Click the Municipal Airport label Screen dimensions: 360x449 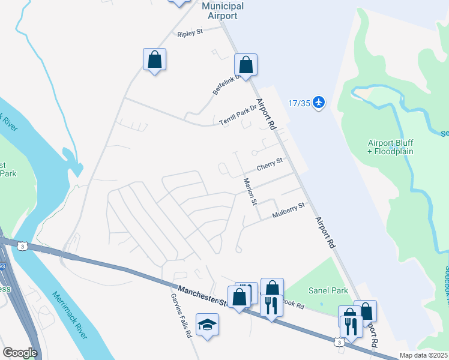point(223,11)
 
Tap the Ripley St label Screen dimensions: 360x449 point(190,34)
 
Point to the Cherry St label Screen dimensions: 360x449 point(270,164)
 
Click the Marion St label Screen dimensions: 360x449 point(250,190)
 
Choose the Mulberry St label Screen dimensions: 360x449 point(289,210)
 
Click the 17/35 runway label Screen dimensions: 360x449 point(298,103)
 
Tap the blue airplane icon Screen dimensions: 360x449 point(318,103)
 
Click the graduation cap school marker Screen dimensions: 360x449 point(208,325)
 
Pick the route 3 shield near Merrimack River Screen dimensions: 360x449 point(22,246)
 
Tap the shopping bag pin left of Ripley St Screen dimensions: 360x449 point(154,59)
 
